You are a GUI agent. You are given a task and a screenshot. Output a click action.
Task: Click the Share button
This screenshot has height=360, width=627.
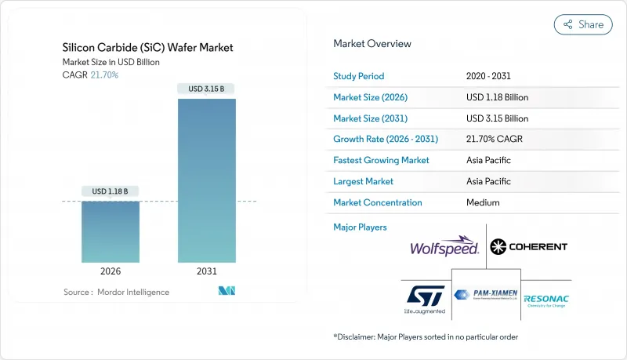point(583,24)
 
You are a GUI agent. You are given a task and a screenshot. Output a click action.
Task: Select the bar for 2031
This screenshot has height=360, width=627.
point(206,180)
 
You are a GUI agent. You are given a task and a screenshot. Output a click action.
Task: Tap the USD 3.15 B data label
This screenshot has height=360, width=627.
point(206,89)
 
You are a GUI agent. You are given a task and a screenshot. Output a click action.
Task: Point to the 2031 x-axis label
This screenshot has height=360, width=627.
point(206,271)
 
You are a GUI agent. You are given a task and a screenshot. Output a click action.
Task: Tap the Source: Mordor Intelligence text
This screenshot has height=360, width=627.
point(117,292)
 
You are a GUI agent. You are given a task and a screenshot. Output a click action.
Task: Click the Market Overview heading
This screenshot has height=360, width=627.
point(372,44)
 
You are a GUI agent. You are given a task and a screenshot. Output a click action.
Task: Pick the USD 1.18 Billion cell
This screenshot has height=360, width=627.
point(497,97)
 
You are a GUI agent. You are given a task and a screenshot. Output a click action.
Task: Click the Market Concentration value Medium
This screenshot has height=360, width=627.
point(482,202)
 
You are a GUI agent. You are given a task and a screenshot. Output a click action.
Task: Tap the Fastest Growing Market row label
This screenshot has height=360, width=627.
point(382,160)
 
